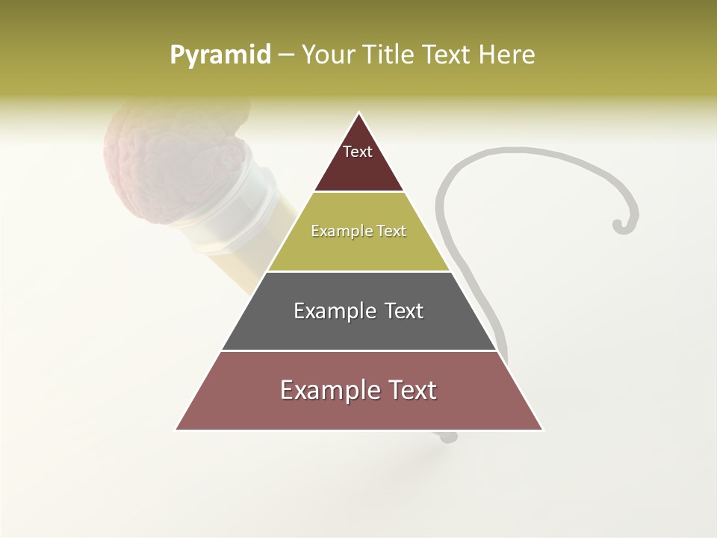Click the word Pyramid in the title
pyautogui.click(x=220, y=55)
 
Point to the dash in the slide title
pyautogui.click(x=286, y=55)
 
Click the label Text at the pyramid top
pyautogui.click(x=358, y=152)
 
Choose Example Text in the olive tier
pyautogui.click(x=358, y=231)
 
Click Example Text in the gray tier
pyautogui.click(x=358, y=311)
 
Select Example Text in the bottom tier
pyautogui.click(x=358, y=390)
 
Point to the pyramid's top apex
pyautogui.click(x=359, y=114)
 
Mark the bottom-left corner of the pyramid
pyautogui.click(x=177, y=429)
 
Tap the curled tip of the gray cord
pyautogui.click(x=619, y=224)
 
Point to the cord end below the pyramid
pyautogui.click(x=448, y=437)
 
